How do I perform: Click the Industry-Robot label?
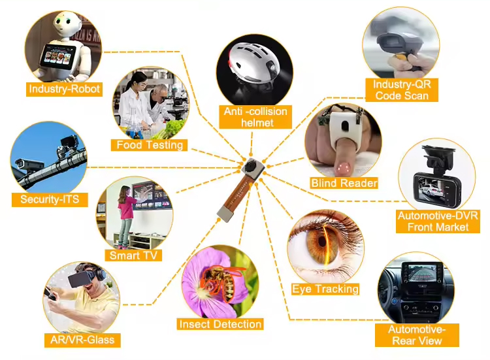point(65,88)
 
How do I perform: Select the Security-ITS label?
point(50,199)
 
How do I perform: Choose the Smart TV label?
point(135,255)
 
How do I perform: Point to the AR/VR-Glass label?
point(82,339)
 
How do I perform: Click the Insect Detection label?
point(220,324)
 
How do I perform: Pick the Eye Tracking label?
point(325,289)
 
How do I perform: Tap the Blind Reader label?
point(344,183)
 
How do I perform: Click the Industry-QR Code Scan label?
point(401,90)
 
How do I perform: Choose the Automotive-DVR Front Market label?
point(438,221)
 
